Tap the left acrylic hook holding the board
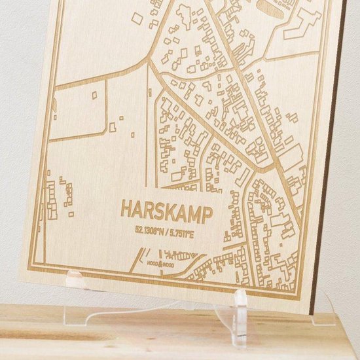[x=77, y=281]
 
